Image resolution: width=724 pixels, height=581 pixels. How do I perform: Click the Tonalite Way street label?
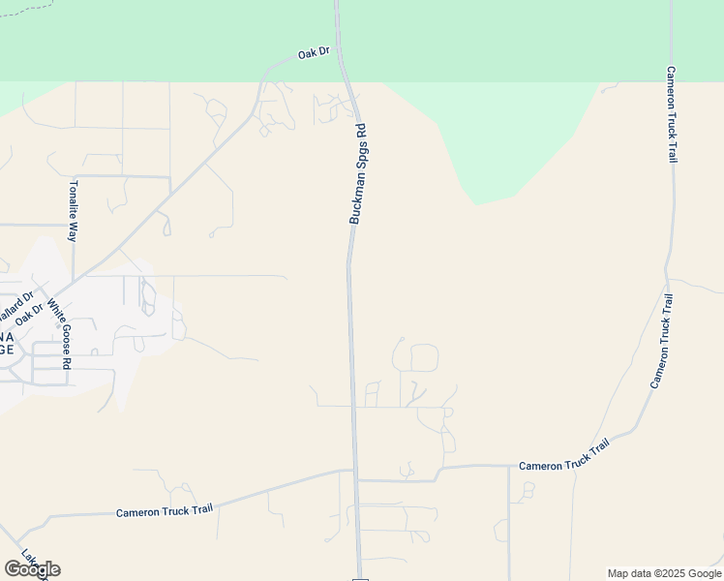[73, 210]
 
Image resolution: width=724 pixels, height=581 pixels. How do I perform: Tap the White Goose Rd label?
[59, 334]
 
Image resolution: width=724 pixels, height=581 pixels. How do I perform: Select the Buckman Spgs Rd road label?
[358, 174]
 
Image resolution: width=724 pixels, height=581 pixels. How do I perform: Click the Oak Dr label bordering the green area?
[315, 53]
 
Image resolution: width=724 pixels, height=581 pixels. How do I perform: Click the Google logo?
[32, 569]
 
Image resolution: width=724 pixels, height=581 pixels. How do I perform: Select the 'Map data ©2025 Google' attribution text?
[664, 573]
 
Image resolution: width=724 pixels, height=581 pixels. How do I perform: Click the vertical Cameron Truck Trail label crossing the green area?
[671, 114]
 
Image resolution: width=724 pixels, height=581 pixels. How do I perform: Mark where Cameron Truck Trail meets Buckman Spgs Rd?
[354, 473]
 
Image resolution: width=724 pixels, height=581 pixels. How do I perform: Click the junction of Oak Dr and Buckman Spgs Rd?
[339, 53]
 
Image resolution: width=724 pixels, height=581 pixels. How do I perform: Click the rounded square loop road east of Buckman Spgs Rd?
[424, 357]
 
